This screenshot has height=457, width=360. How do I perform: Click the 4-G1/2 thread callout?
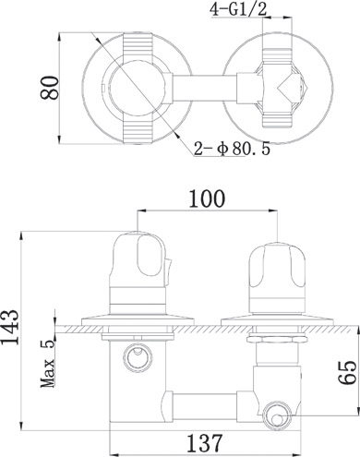[x=238, y=10]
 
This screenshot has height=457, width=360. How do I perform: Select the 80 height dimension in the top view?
[x=49, y=88]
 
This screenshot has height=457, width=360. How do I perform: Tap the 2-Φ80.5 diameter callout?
[x=233, y=149]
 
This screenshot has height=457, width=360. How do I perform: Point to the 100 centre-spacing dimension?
[x=207, y=198]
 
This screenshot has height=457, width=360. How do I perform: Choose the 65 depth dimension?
[x=347, y=372]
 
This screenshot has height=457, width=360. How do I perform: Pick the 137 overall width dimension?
[x=205, y=443]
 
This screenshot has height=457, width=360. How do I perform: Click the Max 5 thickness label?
[x=48, y=363]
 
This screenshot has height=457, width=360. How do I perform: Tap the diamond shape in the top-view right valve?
[x=289, y=88]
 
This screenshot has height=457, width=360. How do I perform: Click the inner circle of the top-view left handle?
[x=138, y=88]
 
